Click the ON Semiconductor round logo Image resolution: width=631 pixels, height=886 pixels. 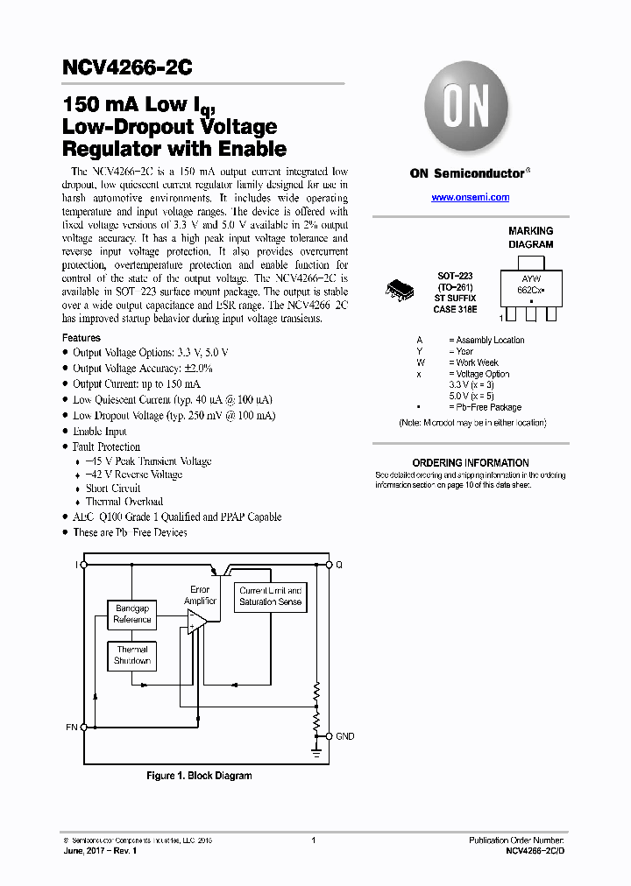465,109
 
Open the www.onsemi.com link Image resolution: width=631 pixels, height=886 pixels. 470,198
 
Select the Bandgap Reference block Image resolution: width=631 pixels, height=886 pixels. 132,614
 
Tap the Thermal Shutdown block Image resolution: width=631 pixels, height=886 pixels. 132,656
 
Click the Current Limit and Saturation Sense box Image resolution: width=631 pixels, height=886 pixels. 271,596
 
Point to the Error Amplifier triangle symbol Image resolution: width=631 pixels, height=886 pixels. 196,619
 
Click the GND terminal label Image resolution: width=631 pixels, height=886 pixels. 345,736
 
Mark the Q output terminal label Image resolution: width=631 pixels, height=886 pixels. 339,566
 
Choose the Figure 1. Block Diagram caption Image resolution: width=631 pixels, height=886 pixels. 199,776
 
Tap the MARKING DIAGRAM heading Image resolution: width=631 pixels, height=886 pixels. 531,238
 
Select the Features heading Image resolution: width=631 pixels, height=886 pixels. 82,338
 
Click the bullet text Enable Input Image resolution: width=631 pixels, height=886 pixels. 100,432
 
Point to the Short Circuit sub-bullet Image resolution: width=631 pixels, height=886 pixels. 113,489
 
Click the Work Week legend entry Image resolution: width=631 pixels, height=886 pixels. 477,362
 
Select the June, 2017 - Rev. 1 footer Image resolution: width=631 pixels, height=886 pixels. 101,851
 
